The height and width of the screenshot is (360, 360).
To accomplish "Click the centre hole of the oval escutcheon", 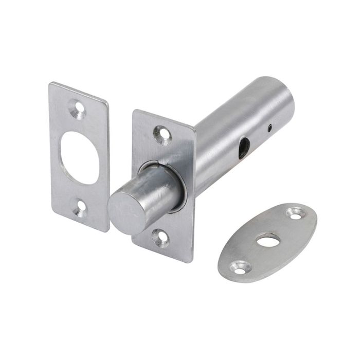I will click(268, 240).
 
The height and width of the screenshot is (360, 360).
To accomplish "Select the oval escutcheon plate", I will click(267, 242).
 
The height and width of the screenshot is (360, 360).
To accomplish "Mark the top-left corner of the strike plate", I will click(51, 84).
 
